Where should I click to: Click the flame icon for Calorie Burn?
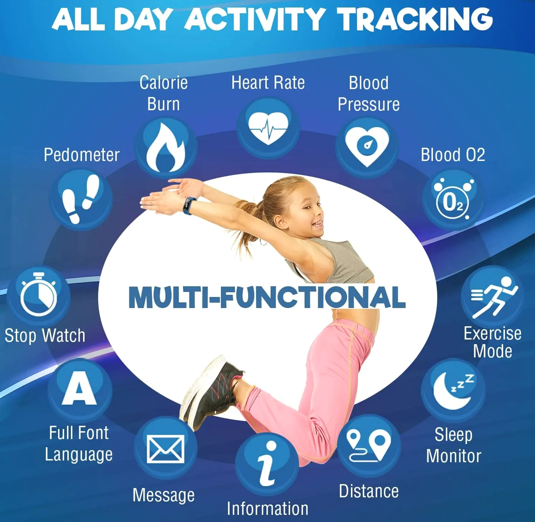click(x=166, y=148)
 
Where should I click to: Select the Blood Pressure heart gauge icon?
click(x=367, y=146)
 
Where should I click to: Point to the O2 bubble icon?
click(x=453, y=199)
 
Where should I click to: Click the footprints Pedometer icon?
click(x=81, y=199)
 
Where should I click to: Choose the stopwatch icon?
click(x=38, y=295)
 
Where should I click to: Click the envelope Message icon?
click(x=166, y=449)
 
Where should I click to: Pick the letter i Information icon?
click(x=267, y=464)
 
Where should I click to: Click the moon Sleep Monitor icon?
click(x=453, y=391)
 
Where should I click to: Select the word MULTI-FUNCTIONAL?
click(x=267, y=297)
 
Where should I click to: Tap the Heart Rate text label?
click(x=268, y=83)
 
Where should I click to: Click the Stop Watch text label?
click(x=45, y=336)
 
